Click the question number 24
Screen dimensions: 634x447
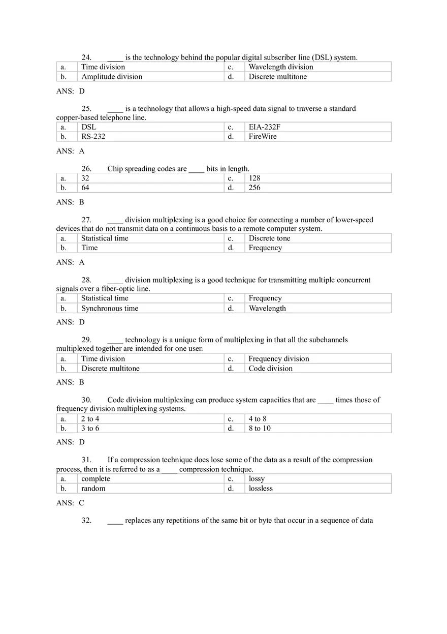pos(86,57)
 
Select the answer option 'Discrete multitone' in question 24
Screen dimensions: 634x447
pos(277,77)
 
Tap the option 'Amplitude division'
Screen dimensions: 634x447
pos(112,77)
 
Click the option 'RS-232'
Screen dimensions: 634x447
pos(93,137)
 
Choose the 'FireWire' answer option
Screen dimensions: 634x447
pos(263,137)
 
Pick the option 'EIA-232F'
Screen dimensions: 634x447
pos(264,127)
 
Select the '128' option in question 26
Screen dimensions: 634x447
pos(254,178)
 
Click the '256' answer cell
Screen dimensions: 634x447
pos(254,188)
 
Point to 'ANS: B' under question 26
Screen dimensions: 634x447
pos(70,202)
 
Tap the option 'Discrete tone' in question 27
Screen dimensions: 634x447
pos(269,238)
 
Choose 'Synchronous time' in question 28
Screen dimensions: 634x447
pos(110,309)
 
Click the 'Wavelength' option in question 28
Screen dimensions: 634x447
pos(267,309)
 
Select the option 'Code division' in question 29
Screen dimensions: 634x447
pos(270,369)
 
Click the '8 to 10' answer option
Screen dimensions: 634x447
pos(260,429)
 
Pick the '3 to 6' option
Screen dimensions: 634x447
pos(90,429)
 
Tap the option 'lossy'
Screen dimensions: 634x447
pos(257,479)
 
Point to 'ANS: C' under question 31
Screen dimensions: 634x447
pos(70,503)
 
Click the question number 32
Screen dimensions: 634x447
pos(86,520)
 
